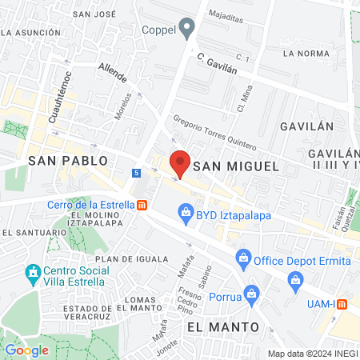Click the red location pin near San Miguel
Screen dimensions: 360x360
pos(180,162)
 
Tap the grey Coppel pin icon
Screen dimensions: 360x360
pos(187,30)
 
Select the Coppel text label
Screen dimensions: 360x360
pos(158,30)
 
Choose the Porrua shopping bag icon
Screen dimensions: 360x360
pos(252,294)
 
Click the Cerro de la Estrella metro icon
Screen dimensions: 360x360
pos(142,204)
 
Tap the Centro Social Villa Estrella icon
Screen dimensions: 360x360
pos(33,274)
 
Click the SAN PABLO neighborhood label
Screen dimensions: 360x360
pos(62,161)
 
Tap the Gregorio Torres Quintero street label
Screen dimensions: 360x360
pos(214,133)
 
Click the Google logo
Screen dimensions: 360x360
pos(27,350)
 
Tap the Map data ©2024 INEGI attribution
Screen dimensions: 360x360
pos(311,354)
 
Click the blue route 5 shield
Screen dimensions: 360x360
pos(137,172)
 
